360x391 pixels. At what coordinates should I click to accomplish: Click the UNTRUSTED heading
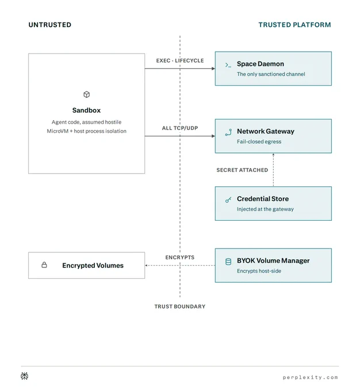point(50,25)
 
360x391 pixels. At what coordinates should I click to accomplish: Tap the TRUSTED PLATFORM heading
point(294,25)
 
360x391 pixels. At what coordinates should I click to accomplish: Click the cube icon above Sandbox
point(87,94)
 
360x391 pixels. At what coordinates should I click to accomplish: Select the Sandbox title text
point(87,110)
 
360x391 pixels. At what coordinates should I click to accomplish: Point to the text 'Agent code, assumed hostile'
point(87,122)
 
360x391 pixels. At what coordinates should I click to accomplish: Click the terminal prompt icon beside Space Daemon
point(228,65)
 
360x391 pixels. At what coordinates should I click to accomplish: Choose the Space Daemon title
point(261,64)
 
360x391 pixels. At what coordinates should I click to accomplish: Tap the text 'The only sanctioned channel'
point(271,74)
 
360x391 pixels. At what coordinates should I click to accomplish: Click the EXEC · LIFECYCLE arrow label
point(180,60)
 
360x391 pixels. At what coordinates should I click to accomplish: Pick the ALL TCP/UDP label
point(180,128)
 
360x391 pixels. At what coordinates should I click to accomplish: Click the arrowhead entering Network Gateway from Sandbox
point(213,136)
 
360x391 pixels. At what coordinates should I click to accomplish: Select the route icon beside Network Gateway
point(228,132)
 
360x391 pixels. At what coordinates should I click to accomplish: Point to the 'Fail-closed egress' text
point(259,141)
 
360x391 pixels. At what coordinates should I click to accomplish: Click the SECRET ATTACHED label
point(242,170)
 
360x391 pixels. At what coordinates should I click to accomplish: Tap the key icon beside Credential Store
point(228,200)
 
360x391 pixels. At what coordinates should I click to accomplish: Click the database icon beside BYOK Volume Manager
point(228,262)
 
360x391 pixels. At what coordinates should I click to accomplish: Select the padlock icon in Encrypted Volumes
point(44,265)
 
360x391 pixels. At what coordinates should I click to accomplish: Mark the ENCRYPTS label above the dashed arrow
point(180,258)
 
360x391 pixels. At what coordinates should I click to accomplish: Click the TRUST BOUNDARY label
point(180,306)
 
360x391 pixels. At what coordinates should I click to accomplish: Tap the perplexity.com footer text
point(311,378)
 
